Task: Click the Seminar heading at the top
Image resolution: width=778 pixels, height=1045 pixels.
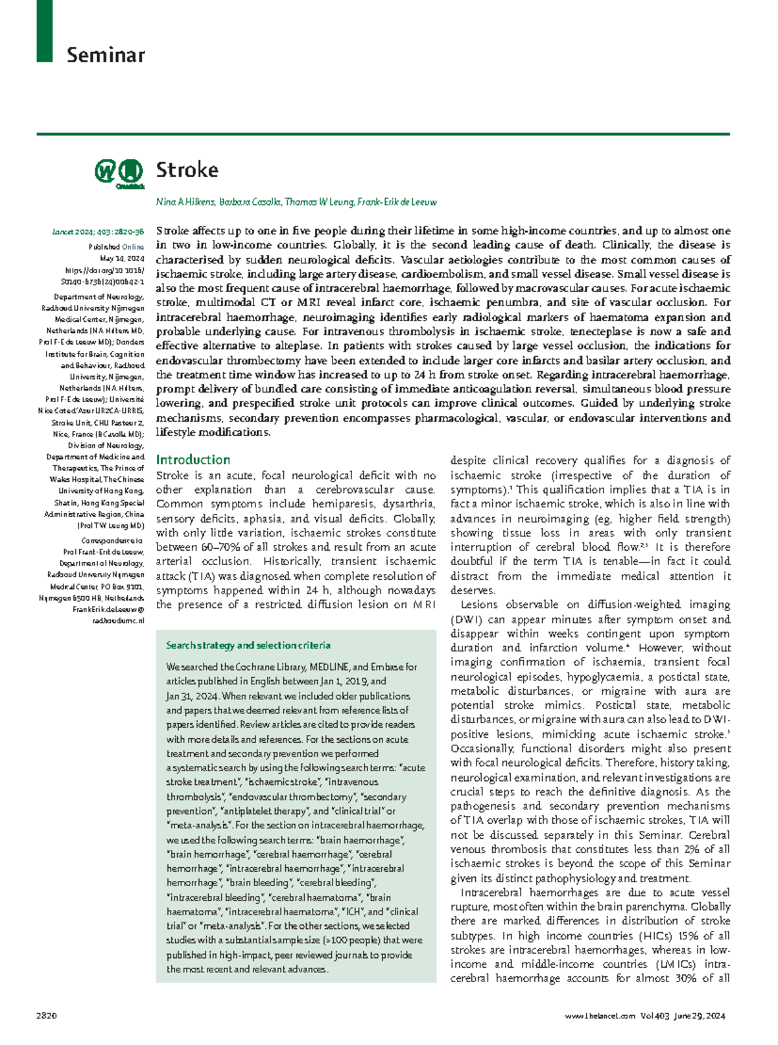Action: (105, 55)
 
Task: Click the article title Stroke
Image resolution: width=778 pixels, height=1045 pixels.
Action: (187, 170)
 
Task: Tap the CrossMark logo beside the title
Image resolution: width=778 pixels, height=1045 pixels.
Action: (119, 173)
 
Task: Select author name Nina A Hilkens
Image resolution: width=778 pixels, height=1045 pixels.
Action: (185, 202)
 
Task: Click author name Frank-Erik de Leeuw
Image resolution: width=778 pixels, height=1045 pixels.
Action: (397, 202)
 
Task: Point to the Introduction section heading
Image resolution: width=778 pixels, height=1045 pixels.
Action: (193, 459)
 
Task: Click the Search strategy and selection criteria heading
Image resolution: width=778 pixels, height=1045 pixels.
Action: (248, 645)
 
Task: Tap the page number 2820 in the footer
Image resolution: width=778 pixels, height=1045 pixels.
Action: (47, 1016)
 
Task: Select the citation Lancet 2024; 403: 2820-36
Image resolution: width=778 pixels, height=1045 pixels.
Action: (97, 231)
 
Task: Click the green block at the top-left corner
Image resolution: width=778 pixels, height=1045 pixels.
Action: (44, 30)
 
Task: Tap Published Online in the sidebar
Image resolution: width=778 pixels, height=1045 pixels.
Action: (116, 247)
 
